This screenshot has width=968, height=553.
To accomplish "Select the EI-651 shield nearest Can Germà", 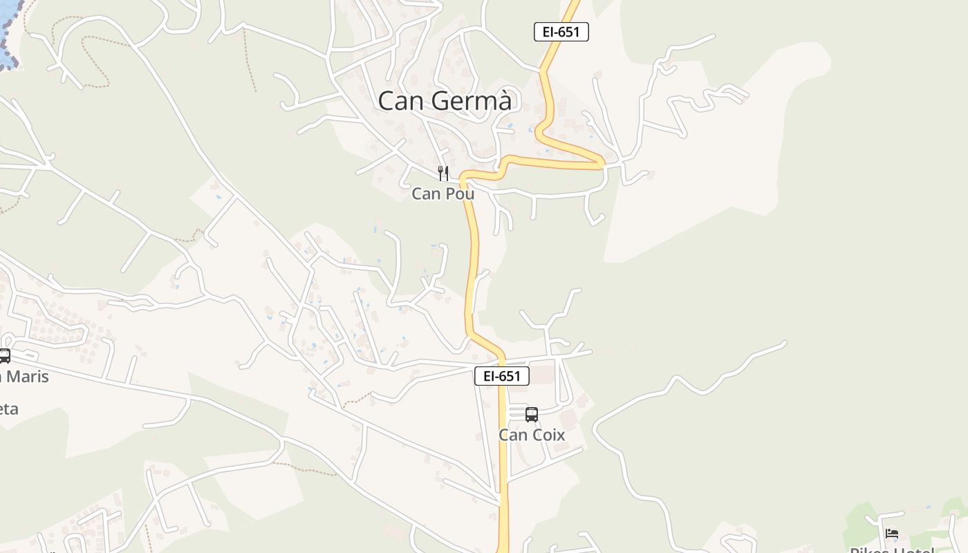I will tap(561, 32).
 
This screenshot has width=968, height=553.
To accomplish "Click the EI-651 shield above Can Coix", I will tap(501, 376).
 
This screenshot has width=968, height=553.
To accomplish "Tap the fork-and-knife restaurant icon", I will tap(443, 173).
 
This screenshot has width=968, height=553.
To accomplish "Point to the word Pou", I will tap(460, 194).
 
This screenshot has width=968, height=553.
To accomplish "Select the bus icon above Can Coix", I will tap(531, 415).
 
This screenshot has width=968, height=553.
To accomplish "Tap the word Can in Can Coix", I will tap(512, 435).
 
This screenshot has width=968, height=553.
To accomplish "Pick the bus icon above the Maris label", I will tap(4, 356).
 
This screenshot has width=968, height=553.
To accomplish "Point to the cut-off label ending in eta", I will tap(8, 409).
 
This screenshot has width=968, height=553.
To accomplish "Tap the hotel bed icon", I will tap(892, 534).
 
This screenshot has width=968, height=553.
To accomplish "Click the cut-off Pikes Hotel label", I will tap(892, 550).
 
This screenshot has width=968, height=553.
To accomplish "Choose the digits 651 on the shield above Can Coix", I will tap(509, 376).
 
